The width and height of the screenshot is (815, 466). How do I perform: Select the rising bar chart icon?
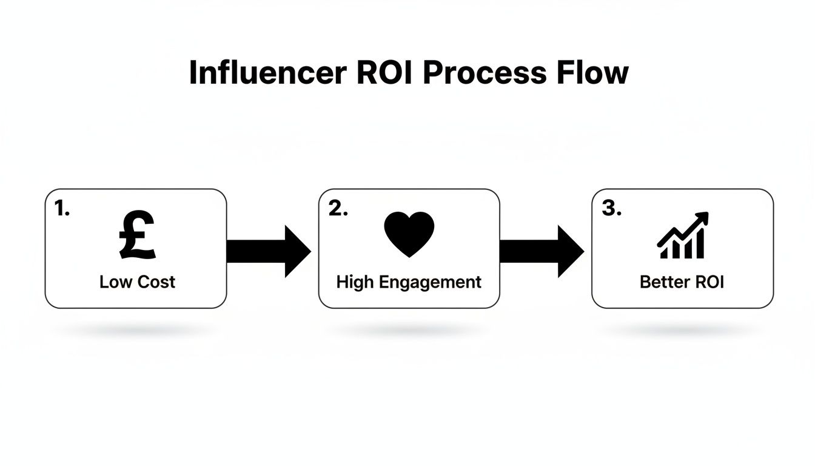click(x=682, y=237)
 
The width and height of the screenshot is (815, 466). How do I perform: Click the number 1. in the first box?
click(x=62, y=209)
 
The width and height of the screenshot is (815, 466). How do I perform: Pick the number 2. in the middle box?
click(x=338, y=209)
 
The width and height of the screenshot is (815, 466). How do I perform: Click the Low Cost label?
click(x=137, y=282)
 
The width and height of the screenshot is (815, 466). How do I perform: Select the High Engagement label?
click(x=409, y=282)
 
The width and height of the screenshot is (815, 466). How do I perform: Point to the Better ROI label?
click(x=682, y=282)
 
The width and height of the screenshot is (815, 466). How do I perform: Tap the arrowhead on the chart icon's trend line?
click(x=703, y=218)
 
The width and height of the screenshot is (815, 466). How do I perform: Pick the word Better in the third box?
click(x=660, y=282)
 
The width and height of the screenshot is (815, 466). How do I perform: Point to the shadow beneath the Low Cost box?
click(x=136, y=331)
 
